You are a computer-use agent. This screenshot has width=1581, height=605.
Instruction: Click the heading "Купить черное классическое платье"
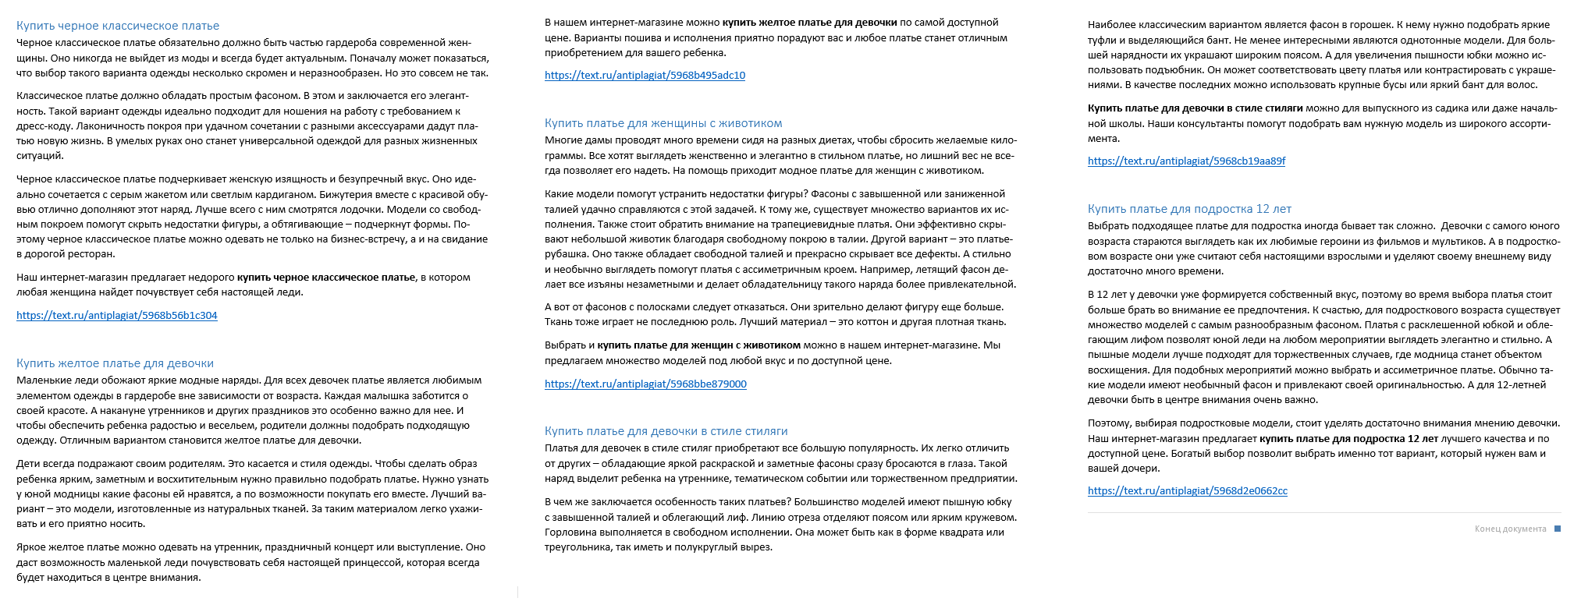coord(118,26)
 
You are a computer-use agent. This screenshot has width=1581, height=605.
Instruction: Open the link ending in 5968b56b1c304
coord(117,316)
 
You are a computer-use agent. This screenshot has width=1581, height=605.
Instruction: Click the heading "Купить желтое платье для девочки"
coord(115,363)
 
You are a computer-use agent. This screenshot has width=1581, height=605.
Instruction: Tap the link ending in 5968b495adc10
coord(645,76)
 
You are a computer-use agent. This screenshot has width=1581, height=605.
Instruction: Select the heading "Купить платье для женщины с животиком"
coord(663,123)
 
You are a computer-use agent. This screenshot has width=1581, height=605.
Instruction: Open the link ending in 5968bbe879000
coord(645,384)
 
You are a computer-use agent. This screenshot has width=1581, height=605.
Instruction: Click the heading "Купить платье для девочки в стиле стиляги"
coord(666,431)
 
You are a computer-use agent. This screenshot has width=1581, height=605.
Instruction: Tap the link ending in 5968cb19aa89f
coord(1186,161)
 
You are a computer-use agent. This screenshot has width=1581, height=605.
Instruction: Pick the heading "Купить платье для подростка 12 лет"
coord(1189,209)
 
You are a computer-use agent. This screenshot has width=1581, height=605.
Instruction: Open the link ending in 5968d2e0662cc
coord(1188,491)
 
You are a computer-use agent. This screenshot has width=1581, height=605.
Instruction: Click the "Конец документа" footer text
coord(1510,529)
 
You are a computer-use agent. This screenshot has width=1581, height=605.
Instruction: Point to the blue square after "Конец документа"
coord(1558,529)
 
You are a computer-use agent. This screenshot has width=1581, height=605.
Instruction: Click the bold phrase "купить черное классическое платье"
coord(326,278)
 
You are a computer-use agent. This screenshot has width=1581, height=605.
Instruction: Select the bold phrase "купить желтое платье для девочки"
coord(809,23)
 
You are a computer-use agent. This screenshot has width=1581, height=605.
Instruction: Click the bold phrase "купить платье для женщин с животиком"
coord(699,345)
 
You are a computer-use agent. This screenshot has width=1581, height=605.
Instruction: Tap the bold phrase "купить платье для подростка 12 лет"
coord(1348,439)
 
